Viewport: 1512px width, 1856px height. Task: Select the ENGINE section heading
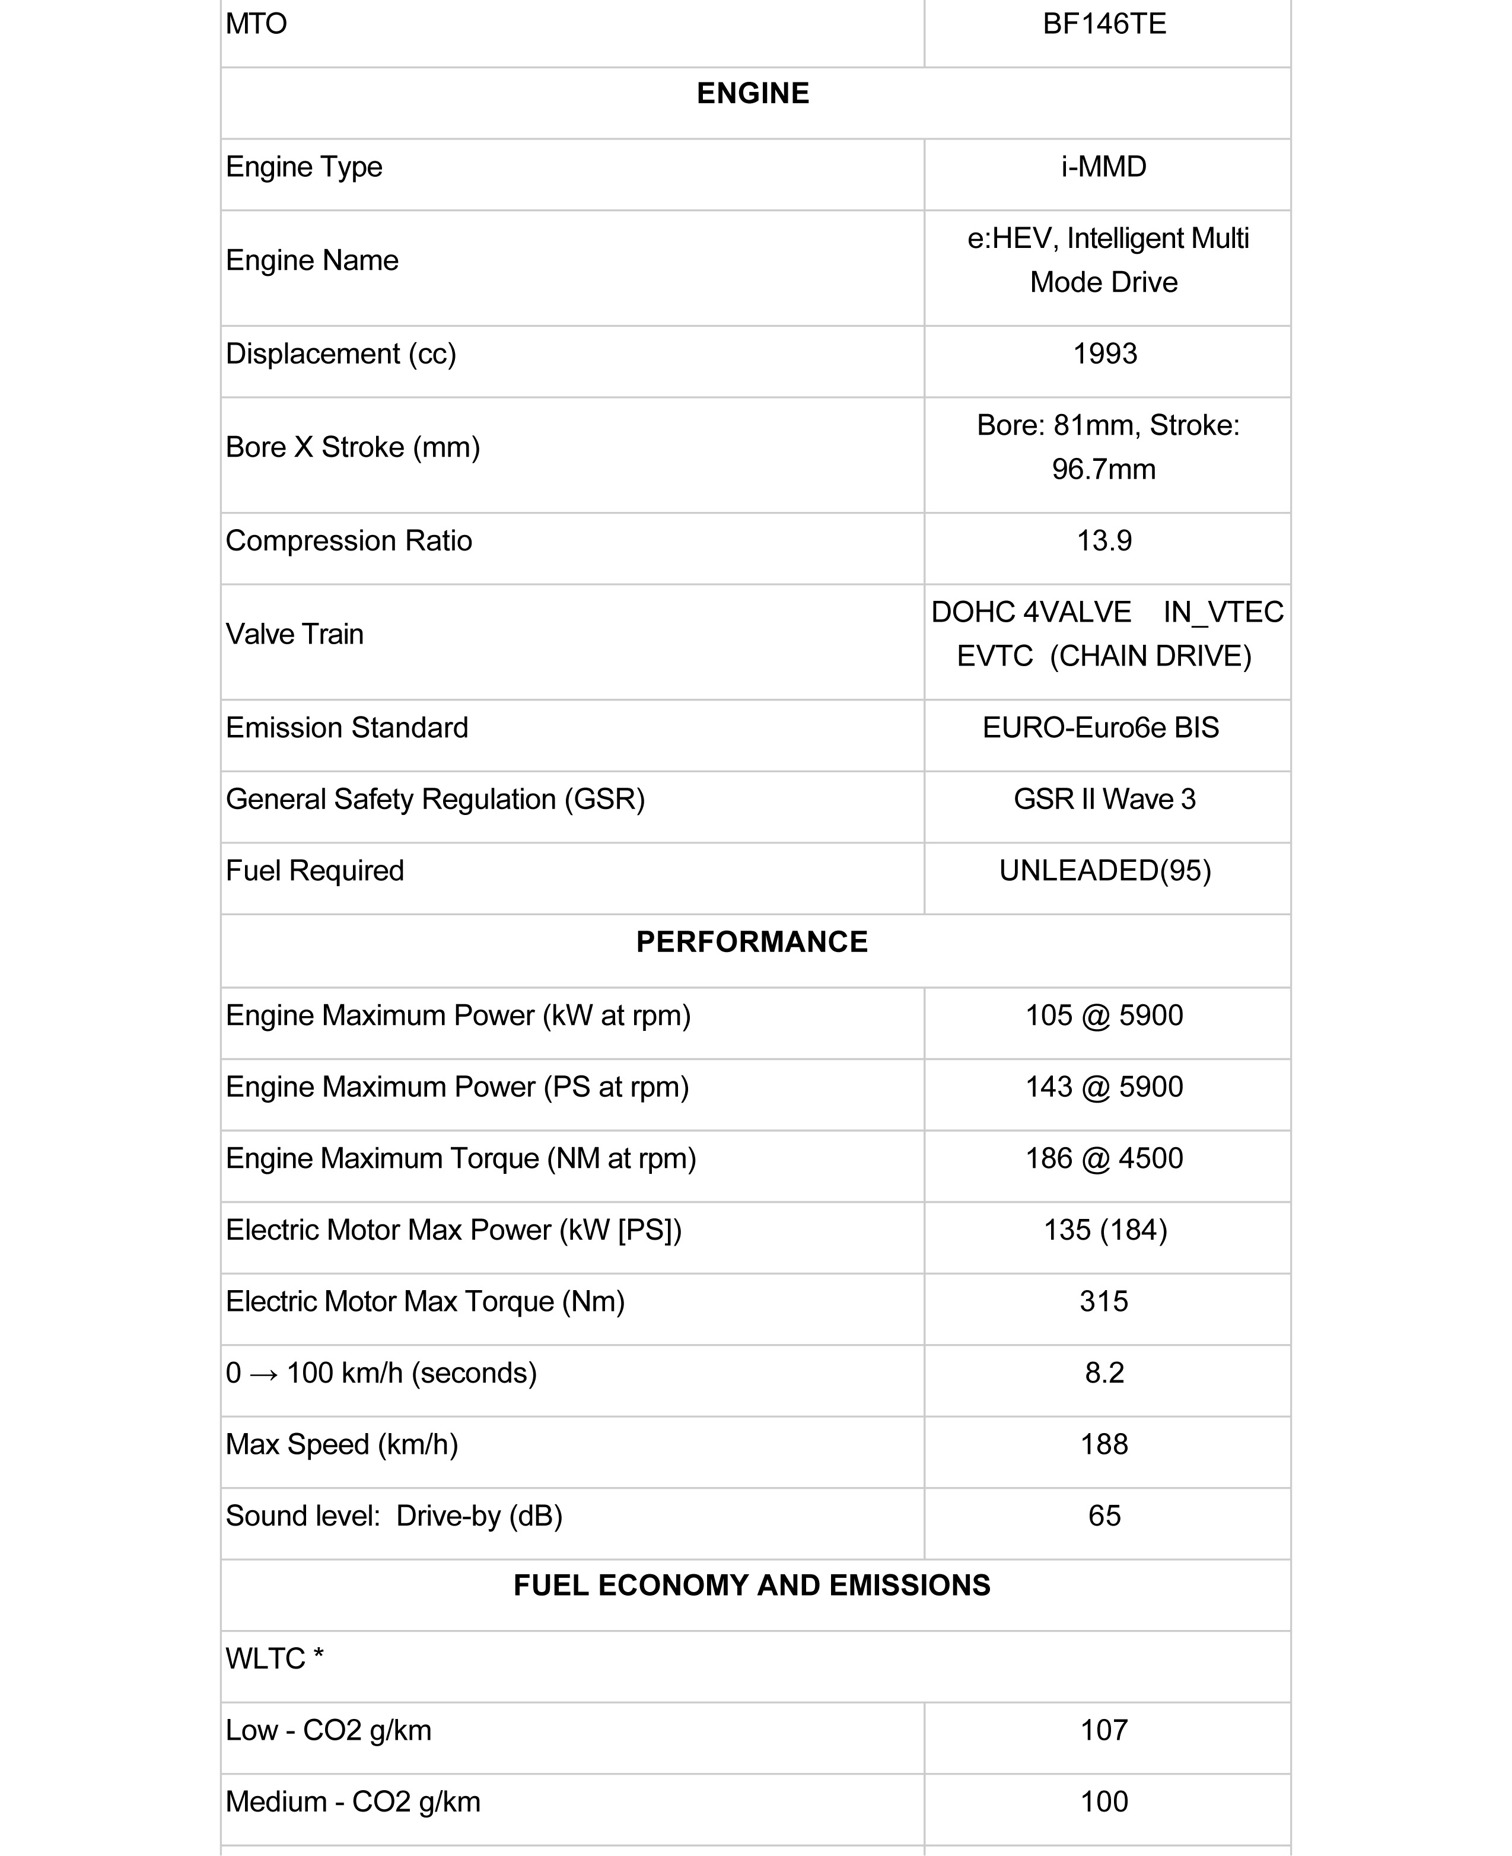click(753, 93)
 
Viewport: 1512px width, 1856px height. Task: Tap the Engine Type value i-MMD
click(1103, 166)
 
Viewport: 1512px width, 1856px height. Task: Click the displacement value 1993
click(1104, 354)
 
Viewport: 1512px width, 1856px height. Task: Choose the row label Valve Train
click(294, 634)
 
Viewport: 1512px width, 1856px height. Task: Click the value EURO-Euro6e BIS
click(1101, 727)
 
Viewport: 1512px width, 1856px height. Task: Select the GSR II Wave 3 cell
click(1104, 798)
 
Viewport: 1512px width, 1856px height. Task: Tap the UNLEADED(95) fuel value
click(1104, 870)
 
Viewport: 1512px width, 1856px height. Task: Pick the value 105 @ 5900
click(1104, 1015)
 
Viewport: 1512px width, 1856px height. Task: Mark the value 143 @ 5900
click(1104, 1086)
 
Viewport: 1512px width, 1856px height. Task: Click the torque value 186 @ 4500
click(1104, 1157)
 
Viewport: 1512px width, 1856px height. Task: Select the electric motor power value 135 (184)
click(1105, 1229)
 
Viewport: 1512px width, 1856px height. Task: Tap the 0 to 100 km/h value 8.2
click(1104, 1373)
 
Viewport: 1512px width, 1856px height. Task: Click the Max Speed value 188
click(1104, 1444)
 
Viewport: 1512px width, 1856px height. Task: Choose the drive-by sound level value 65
click(1104, 1516)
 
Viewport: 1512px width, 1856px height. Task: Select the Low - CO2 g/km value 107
click(1104, 1730)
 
